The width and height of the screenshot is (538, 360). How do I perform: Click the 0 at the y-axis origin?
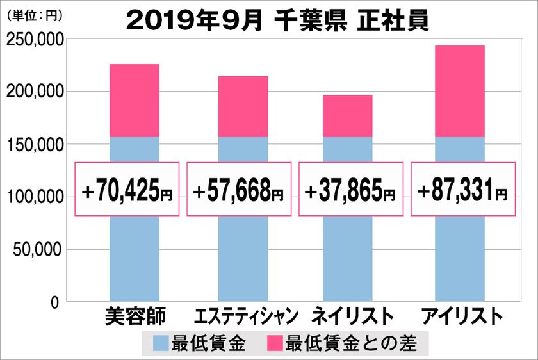(x=56, y=302)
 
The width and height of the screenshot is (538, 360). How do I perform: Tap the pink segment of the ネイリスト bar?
(x=347, y=116)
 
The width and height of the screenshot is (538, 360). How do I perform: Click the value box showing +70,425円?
(x=128, y=190)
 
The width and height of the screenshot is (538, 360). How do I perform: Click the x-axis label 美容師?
(x=134, y=317)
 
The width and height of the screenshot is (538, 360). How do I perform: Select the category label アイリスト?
(x=459, y=317)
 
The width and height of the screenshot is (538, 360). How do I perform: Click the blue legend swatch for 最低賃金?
(x=161, y=344)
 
